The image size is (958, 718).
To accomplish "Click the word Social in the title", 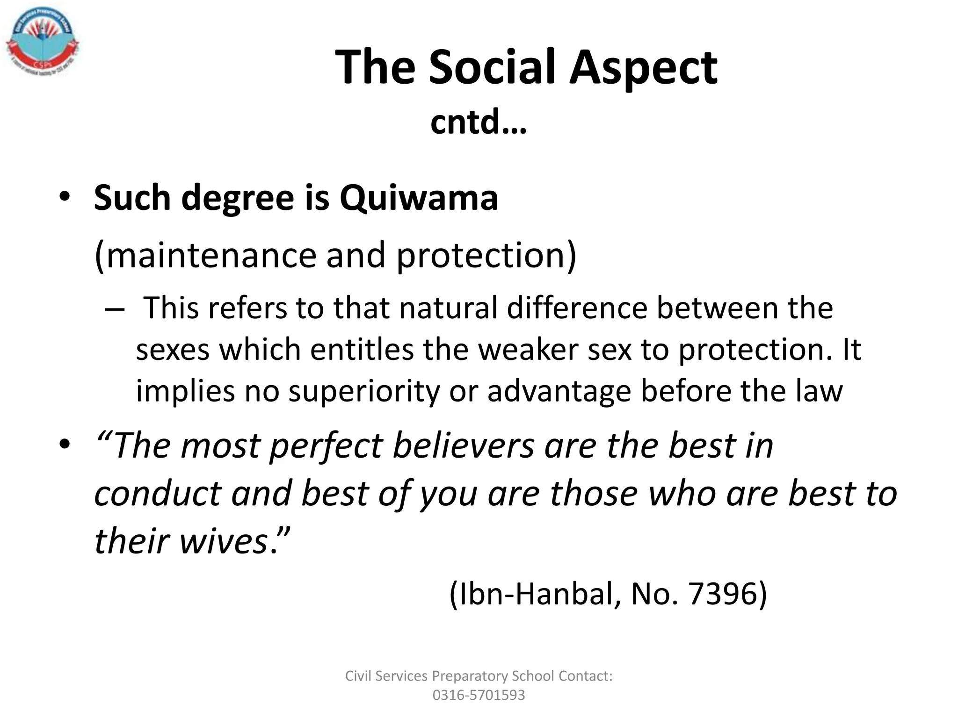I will point(492,68).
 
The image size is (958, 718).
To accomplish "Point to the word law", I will point(819,391).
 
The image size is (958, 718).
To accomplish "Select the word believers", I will point(463,445).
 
